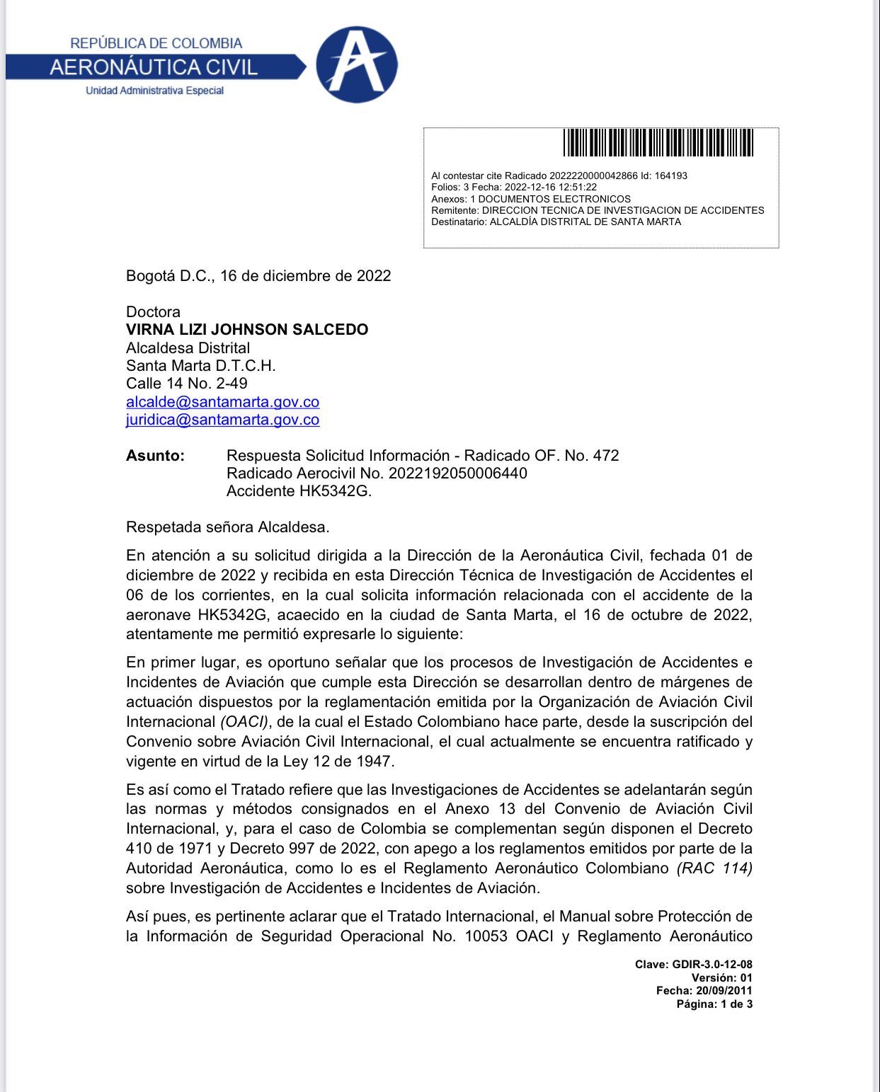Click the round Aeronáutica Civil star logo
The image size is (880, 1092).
[x=356, y=64]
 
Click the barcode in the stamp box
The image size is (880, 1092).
[x=658, y=142]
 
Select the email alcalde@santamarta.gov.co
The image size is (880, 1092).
[x=222, y=402]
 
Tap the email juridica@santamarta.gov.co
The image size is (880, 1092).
[x=222, y=420]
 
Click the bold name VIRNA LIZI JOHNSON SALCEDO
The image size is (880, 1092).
[x=247, y=330]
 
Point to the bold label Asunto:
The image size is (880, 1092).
[x=155, y=456]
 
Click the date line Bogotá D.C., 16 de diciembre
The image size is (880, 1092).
[x=258, y=276]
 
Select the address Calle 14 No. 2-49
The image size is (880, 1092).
[x=186, y=384]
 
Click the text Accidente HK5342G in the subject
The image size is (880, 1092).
[x=298, y=491]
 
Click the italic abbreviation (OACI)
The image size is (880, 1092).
[x=244, y=722]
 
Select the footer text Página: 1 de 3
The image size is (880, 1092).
[x=714, y=1004]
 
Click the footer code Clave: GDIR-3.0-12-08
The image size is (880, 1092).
[x=693, y=965]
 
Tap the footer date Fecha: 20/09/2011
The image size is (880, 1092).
[x=704, y=991]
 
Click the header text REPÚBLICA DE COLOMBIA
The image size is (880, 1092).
[x=156, y=43]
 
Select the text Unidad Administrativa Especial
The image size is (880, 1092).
[x=154, y=91]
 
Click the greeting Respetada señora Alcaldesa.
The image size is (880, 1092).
[x=227, y=527]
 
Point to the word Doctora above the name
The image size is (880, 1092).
[x=153, y=312]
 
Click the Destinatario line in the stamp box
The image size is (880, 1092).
[x=556, y=222]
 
